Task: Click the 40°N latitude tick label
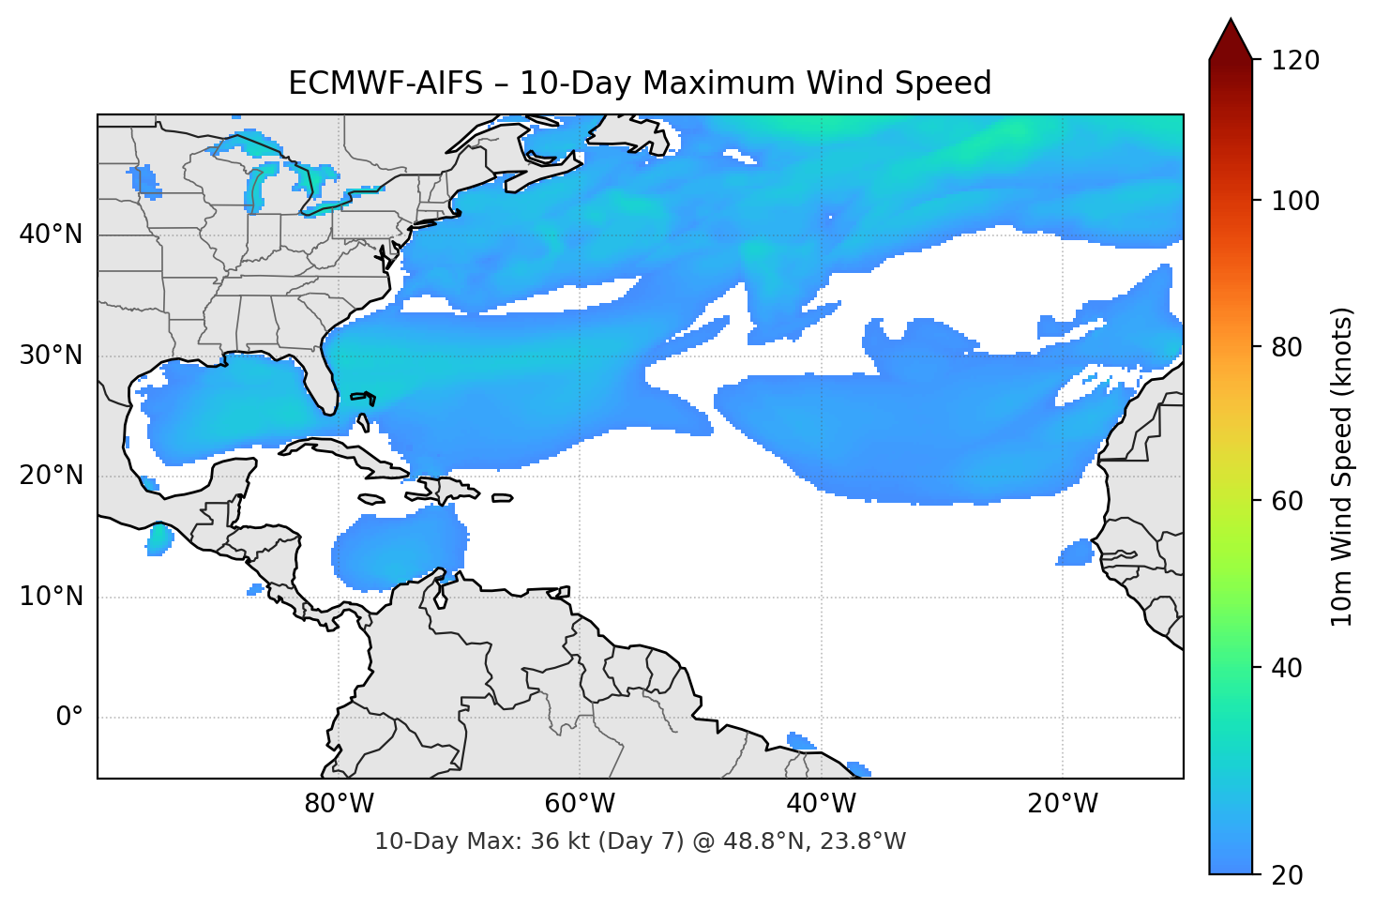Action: [51, 235]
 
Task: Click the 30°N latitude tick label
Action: [51, 356]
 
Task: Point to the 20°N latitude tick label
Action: [51, 476]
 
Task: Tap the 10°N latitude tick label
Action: [51, 597]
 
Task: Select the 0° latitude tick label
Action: [68, 718]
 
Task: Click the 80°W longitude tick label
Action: [339, 804]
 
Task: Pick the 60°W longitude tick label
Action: [580, 804]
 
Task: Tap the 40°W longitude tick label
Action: [821, 804]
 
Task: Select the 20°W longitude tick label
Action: [1062, 804]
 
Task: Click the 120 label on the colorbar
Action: [1294, 60]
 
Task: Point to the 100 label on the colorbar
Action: [1294, 201]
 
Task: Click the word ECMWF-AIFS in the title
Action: [385, 83]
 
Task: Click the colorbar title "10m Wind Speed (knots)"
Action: [1342, 466]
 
